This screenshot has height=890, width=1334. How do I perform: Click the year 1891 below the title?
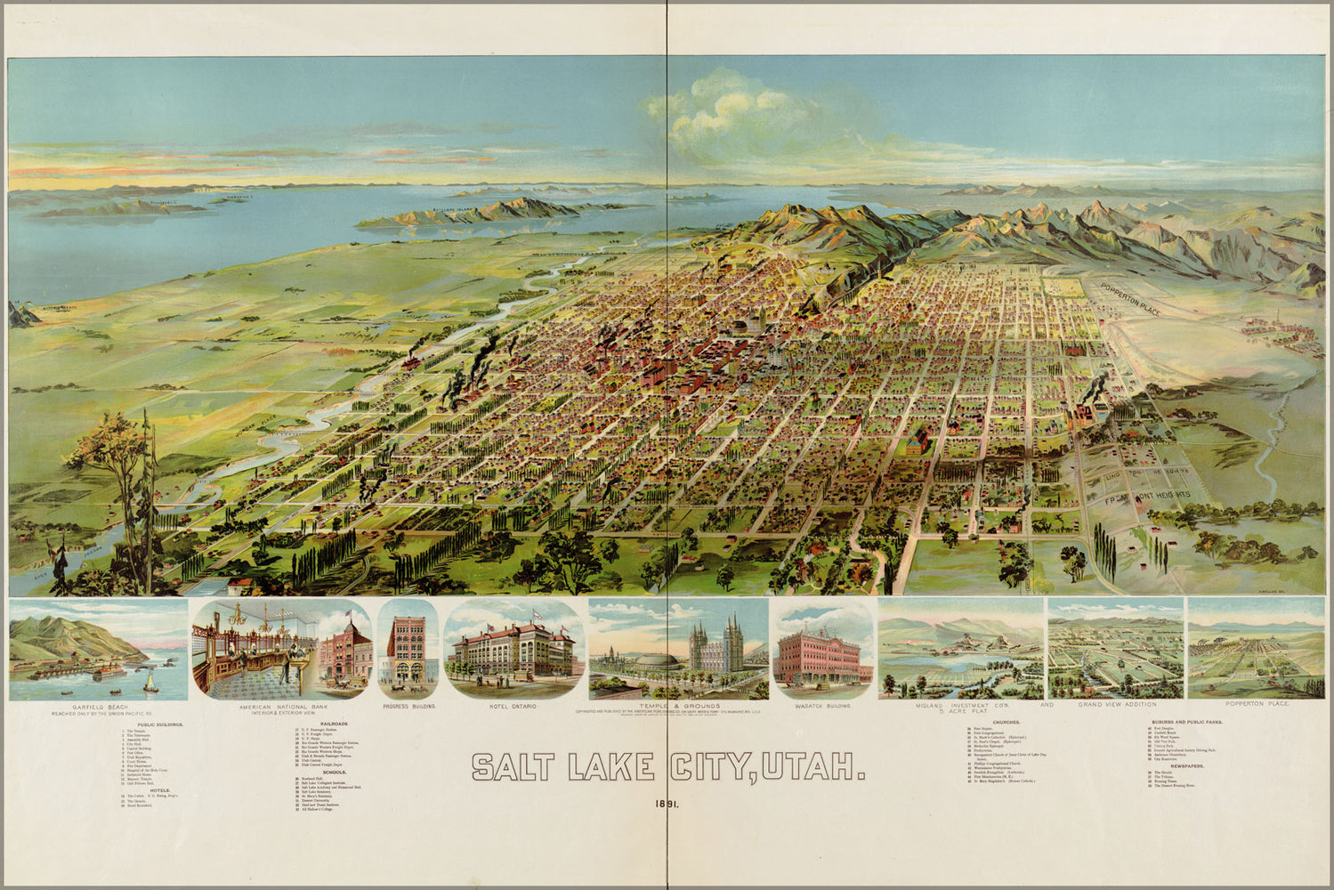667,804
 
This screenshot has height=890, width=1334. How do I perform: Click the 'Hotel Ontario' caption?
512,706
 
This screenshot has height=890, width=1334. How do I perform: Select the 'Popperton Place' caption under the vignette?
1256,705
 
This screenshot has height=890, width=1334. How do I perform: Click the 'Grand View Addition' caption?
1116,705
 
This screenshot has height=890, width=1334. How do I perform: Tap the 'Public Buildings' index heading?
160,724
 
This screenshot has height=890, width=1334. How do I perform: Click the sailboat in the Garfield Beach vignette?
151,683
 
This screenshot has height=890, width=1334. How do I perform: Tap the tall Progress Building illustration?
408,652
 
